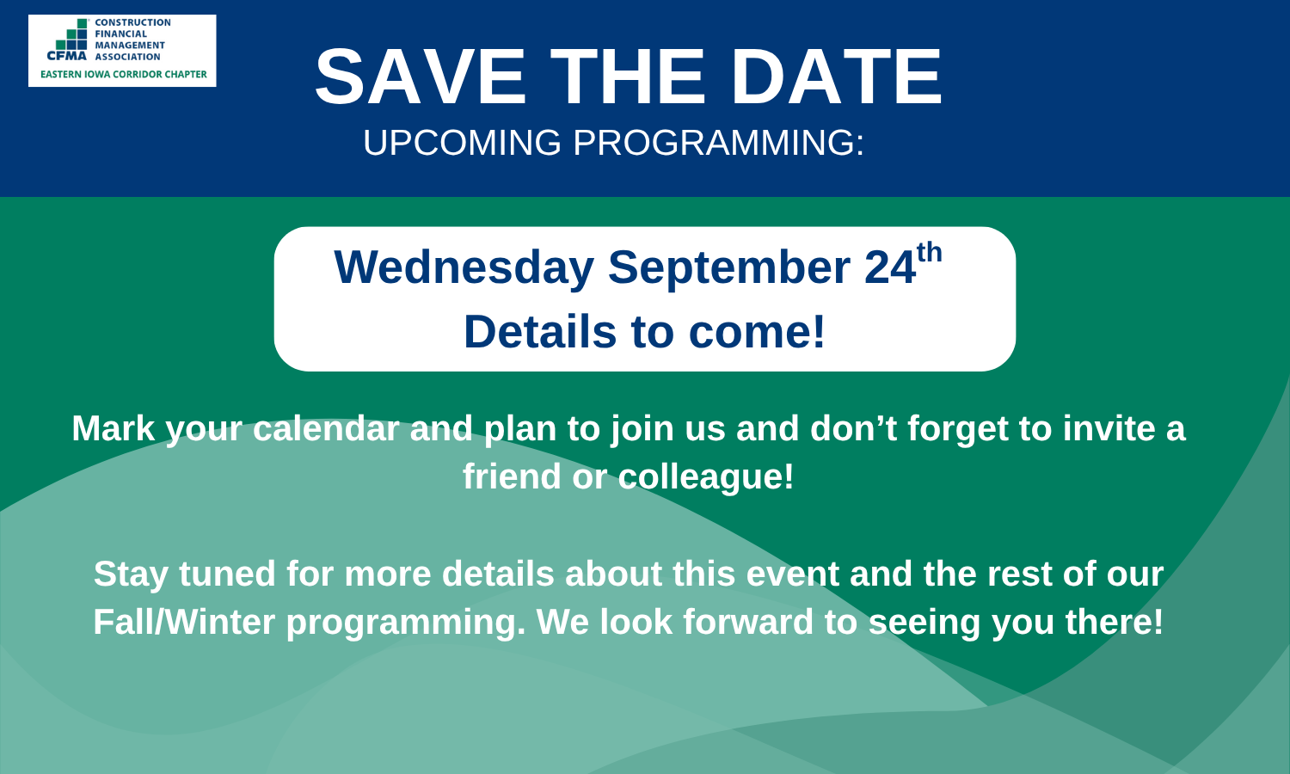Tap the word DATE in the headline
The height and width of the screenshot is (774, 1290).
click(836, 77)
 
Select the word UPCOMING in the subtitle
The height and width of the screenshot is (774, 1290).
click(462, 142)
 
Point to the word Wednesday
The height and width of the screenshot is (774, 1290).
click(464, 267)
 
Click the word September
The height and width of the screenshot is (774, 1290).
click(729, 267)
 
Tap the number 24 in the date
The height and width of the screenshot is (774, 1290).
click(890, 267)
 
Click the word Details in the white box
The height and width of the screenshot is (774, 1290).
click(540, 332)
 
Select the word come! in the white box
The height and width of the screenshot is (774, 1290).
click(757, 332)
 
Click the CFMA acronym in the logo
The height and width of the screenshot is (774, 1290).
click(67, 56)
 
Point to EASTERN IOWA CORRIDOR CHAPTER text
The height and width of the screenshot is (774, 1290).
click(123, 74)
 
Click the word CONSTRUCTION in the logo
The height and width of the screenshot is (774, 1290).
click(132, 22)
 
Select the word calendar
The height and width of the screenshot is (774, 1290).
click(327, 428)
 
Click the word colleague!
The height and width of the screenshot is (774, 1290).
click(706, 477)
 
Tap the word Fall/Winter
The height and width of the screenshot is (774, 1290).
click(184, 622)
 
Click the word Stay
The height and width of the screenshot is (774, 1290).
click(131, 574)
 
